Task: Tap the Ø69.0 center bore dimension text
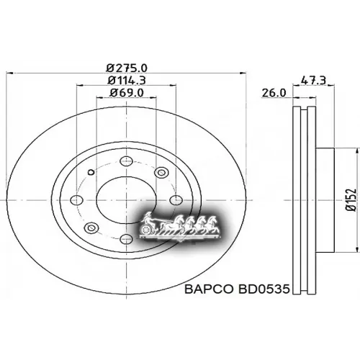click(x=126, y=93)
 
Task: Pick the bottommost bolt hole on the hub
click(x=126, y=238)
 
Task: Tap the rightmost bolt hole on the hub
click(x=174, y=199)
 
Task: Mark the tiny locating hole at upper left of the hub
click(x=89, y=172)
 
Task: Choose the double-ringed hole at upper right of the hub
click(x=161, y=172)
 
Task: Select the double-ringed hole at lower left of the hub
click(x=91, y=228)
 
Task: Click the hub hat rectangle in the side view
click(x=325, y=198)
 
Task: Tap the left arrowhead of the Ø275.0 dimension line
click(x=8, y=73)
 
